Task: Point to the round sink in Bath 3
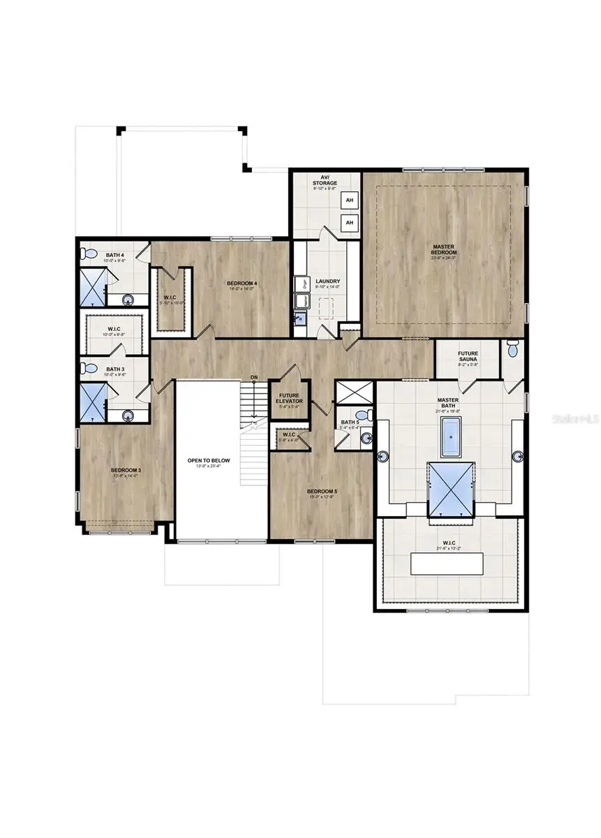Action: click(128, 416)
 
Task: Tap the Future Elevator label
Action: click(289, 399)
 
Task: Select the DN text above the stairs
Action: click(255, 377)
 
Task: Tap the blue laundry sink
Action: click(301, 318)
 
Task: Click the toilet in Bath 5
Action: click(369, 416)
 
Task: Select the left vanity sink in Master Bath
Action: click(383, 457)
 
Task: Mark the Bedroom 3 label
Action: click(126, 471)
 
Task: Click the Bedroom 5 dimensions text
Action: click(322, 498)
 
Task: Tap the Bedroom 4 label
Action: click(242, 284)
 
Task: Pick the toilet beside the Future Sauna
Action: click(513, 346)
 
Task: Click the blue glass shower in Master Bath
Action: click(450, 492)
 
